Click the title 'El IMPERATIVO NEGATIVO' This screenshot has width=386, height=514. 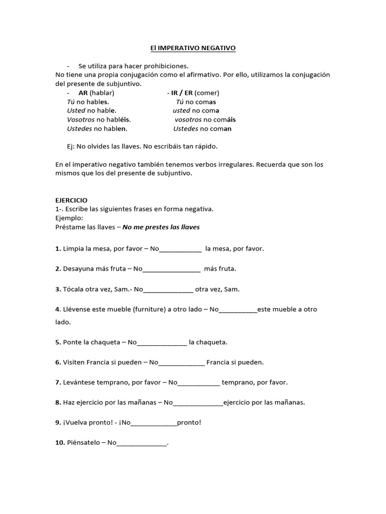click(193, 48)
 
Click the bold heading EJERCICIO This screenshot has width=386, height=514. click(71, 200)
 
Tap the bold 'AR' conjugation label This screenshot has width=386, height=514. click(83, 93)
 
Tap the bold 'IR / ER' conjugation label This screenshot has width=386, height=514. click(181, 93)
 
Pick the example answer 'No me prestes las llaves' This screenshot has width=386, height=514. click(161, 227)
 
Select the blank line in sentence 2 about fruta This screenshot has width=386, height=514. click(171, 269)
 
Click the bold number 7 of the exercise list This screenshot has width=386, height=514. click(58, 382)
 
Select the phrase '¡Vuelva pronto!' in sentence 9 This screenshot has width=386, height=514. click(85, 423)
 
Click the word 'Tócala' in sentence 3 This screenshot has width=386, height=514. click(73, 289)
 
